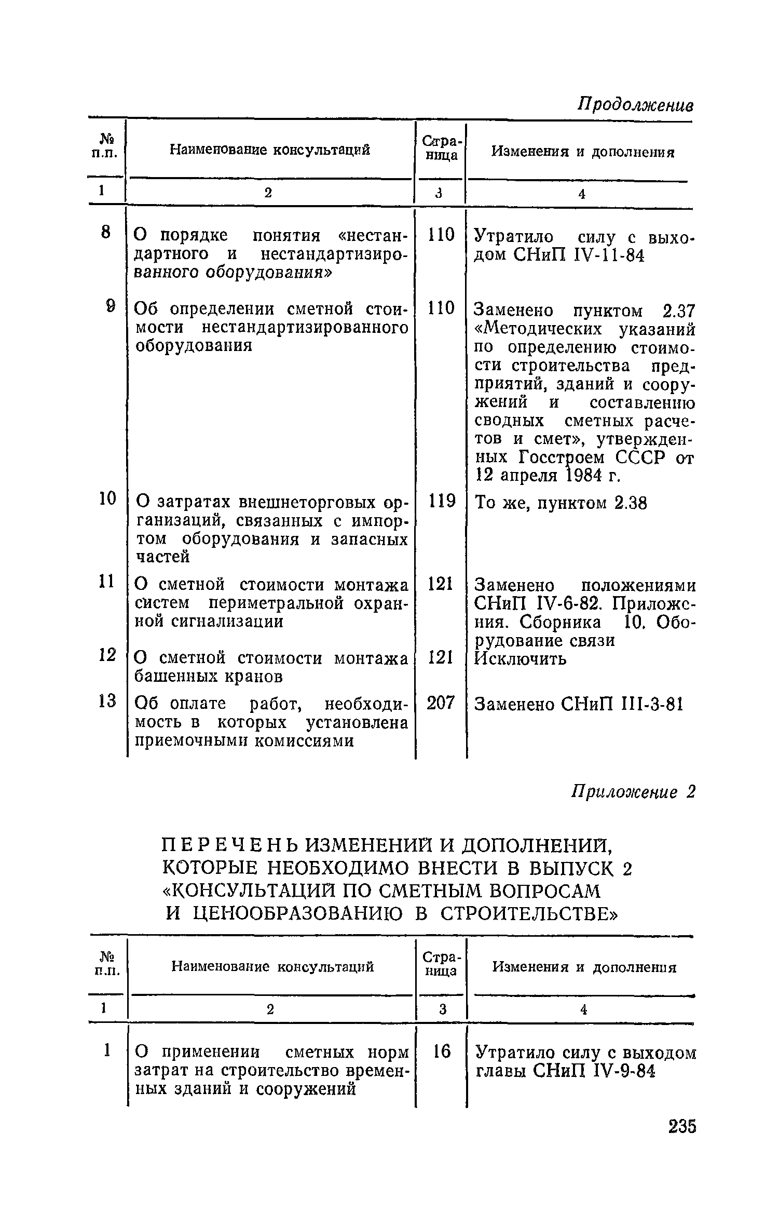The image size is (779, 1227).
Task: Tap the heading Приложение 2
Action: (633, 792)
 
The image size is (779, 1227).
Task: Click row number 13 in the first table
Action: (107, 701)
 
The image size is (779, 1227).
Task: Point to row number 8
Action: (106, 233)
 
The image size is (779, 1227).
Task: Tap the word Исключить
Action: (521, 659)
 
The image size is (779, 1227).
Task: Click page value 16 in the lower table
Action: (442, 1051)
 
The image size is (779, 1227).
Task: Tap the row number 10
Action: (107, 499)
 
